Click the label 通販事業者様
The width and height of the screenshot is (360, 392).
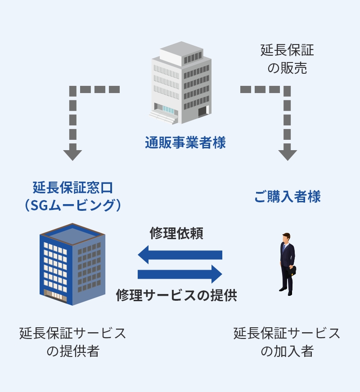185,143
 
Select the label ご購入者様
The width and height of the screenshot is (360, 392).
287,196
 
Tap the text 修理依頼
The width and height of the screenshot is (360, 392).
176,234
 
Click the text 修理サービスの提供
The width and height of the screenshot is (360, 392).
176,295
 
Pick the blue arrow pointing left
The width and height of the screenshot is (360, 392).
180,255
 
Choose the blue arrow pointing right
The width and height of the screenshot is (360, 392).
180,274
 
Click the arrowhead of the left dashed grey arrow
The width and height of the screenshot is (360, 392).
72,154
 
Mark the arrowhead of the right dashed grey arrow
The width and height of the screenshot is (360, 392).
288,154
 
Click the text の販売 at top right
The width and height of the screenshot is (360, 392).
287,68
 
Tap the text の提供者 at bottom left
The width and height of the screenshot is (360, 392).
72,351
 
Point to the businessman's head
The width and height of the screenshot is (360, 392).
286,237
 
